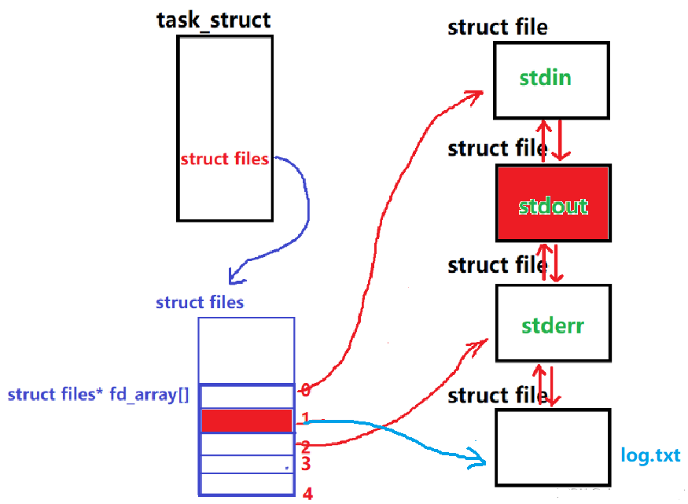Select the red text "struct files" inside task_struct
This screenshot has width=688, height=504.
(225, 159)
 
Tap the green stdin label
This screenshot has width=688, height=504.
(545, 79)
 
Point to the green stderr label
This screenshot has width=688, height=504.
(553, 325)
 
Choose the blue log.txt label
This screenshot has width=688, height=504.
(649, 456)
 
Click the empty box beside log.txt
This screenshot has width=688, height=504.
(553, 447)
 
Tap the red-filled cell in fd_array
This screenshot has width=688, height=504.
(247, 421)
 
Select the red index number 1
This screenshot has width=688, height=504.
(306, 418)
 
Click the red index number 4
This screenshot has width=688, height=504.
(307, 494)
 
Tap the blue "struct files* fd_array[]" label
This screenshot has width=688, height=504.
(98, 395)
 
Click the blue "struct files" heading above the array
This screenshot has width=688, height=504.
(200, 303)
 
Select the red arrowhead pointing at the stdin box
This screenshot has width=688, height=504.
(476, 95)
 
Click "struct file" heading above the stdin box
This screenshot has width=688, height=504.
(498, 28)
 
